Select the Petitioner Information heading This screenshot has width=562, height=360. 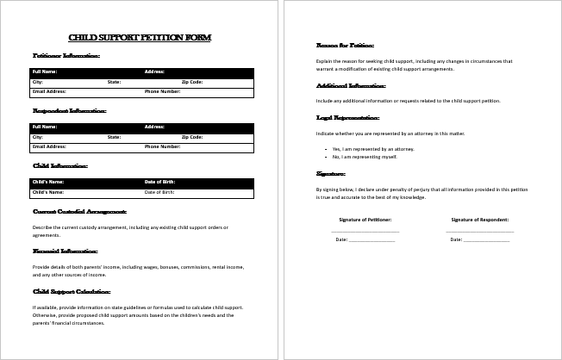click(66, 55)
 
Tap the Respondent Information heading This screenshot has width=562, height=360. click(69, 110)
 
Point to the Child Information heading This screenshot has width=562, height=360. click(59, 165)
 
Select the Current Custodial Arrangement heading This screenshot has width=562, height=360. click(79, 211)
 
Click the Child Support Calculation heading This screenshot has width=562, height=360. click(75, 291)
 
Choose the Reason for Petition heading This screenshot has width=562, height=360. click(345, 45)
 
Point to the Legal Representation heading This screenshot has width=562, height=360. click(348, 116)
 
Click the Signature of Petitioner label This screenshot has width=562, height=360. click(365, 220)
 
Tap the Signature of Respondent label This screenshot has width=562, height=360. click(479, 220)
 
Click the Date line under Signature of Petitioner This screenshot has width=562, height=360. click(372, 239)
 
